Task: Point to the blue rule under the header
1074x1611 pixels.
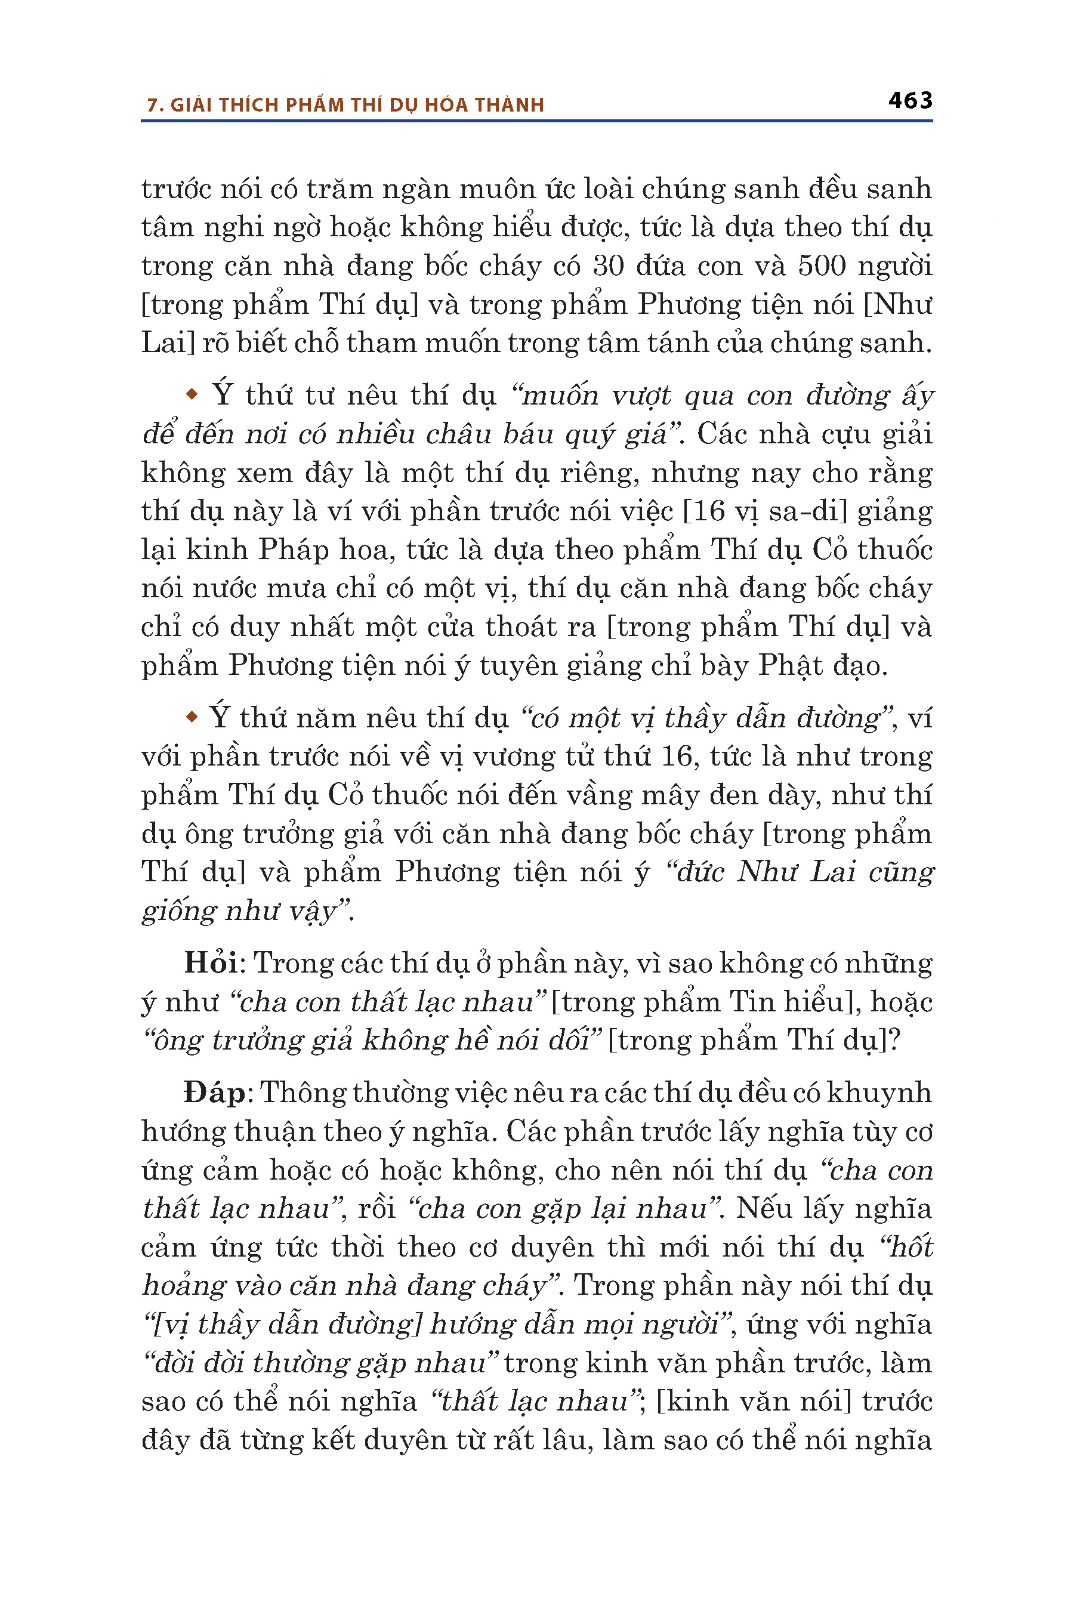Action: pos(536,121)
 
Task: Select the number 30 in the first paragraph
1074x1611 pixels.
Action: pos(608,266)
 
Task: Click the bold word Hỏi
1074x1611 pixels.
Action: pos(210,962)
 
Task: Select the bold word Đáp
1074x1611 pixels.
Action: pos(214,1092)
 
